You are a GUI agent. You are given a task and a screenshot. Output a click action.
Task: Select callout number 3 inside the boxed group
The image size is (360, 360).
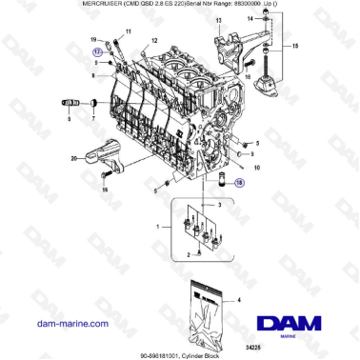(x=219, y=205)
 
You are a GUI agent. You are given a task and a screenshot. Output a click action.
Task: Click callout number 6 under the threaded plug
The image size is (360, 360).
(x=70, y=120)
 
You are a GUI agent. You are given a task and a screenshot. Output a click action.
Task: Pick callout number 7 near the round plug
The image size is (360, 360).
(x=93, y=120)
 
